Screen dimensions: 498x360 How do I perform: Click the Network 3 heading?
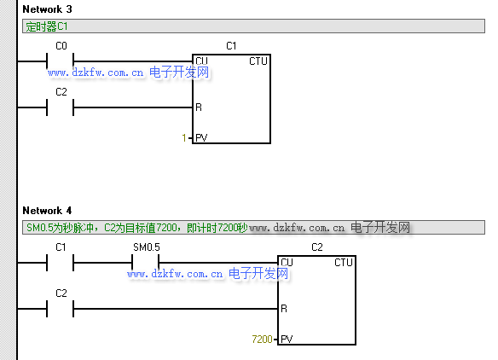click(47, 9)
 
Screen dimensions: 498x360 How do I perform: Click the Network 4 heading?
click(47, 211)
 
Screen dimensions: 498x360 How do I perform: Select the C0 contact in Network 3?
click(60, 61)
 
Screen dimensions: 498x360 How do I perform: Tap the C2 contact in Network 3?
click(60, 107)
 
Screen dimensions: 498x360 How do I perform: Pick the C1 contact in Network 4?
click(60, 263)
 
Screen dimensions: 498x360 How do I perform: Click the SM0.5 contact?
click(146, 263)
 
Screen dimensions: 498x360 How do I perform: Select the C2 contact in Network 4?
click(60, 309)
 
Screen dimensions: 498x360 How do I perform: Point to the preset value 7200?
click(262, 340)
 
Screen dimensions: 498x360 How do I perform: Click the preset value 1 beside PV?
click(184, 138)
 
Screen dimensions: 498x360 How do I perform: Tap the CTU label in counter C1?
click(258, 61)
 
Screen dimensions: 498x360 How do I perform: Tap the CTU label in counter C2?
click(344, 263)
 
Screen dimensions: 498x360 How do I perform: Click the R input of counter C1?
click(199, 107)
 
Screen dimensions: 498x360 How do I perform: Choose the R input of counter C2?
click(284, 309)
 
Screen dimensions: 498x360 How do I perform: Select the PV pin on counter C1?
click(201, 138)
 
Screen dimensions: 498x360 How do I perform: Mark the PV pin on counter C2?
click(287, 340)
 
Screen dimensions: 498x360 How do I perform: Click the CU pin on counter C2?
click(287, 263)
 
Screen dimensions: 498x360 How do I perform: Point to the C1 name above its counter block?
click(231, 46)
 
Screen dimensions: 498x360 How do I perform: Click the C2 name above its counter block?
click(317, 247)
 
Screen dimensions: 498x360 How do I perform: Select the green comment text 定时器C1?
click(47, 26)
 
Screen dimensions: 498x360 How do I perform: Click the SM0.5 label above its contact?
click(147, 247)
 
